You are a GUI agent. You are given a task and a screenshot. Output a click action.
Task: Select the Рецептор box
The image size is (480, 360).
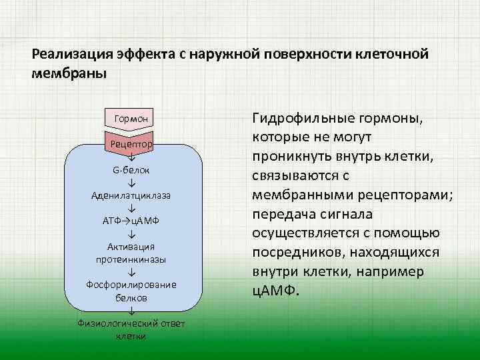pyautogui.click(x=131, y=143)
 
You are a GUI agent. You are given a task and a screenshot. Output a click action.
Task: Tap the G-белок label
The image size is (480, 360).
pyautogui.click(x=131, y=170)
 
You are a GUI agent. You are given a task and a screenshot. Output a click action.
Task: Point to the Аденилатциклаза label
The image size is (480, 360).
pyautogui.click(x=131, y=195)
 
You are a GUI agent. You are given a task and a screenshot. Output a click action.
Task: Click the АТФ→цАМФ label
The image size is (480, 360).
pyautogui.click(x=131, y=221)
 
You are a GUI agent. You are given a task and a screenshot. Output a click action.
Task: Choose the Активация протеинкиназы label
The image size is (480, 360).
pyautogui.click(x=131, y=253)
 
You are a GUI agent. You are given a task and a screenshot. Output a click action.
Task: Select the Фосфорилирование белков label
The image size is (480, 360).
pyautogui.click(x=131, y=291)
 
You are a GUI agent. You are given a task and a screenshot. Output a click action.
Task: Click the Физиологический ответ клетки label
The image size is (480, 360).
pyautogui.click(x=131, y=329)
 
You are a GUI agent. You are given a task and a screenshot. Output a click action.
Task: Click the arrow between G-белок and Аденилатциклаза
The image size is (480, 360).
pyautogui.click(x=131, y=183)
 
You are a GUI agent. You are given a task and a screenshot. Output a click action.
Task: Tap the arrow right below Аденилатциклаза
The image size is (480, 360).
pyautogui.click(x=131, y=208)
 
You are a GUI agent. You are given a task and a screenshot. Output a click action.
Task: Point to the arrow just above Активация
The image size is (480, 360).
pyautogui.click(x=131, y=234)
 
